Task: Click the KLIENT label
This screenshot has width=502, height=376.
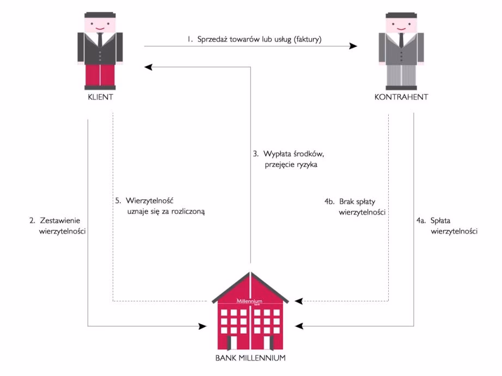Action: pos(100,98)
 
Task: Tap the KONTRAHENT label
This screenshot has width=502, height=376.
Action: pos(401,98)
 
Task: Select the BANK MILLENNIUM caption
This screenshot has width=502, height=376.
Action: pos(250,358)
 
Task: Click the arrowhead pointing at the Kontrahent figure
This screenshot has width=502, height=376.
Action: pos(353,46)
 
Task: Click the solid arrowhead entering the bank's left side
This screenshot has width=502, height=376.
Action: pos(203,326)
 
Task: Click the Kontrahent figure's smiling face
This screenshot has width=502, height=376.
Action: pos(401,24)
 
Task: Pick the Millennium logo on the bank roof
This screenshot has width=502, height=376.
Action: pos(249,301)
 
